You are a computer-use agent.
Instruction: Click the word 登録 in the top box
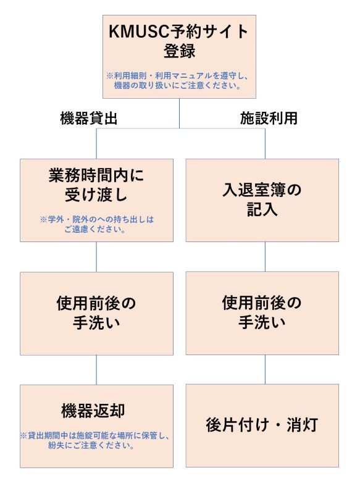click(179, 51)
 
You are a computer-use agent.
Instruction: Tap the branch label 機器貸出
click(89, 118)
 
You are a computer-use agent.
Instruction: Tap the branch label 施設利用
click(269, 118)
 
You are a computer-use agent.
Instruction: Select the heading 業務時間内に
click(96, 175)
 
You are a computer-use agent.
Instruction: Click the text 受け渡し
click(96, 195)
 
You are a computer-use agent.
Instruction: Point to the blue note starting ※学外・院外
click(96, 224)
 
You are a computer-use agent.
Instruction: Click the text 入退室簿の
click(262, 190)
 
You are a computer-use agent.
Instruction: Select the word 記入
click(262, 209)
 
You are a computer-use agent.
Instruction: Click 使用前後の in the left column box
click(96, 303)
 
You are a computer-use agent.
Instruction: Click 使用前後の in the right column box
click(262, 303)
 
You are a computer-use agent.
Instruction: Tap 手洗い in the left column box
click(96, 322)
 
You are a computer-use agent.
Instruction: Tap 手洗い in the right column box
click(262, 322)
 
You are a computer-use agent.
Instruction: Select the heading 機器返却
click(93, 411)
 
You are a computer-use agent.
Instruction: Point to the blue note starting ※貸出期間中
click(94, 440)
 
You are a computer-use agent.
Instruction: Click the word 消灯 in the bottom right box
click(302, 425)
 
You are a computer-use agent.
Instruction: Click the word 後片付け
click(238, 425)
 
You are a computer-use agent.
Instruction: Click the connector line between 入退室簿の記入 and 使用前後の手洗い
click(265, 257)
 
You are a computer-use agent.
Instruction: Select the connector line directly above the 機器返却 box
click(96, 370)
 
